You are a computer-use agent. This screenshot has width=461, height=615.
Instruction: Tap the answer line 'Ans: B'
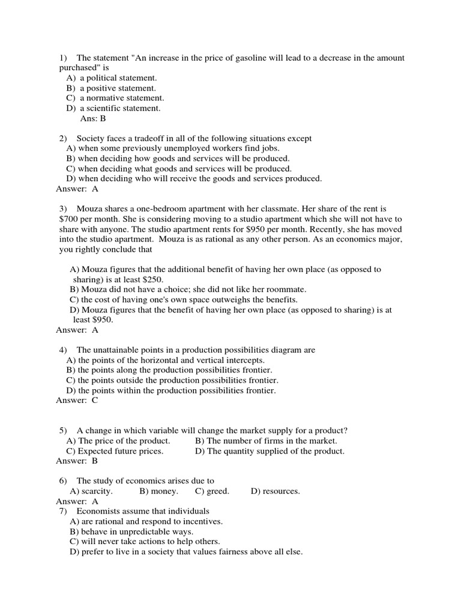click(x=92, y=118)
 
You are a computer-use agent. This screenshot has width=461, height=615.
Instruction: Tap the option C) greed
click(x=212, y=491)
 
